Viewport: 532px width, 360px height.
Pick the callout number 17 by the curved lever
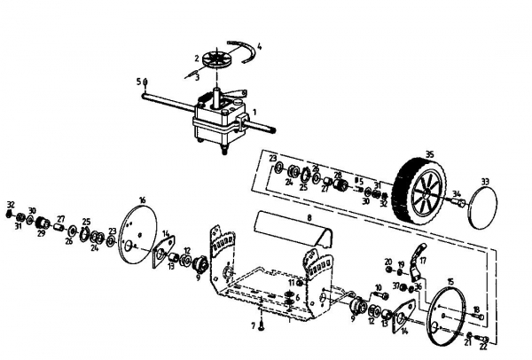point(424,262)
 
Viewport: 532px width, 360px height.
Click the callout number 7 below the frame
point(253,326)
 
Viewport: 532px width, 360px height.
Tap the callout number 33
point(485,181)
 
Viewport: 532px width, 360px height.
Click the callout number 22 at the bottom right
point(484,346)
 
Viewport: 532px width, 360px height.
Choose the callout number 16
point(142,200)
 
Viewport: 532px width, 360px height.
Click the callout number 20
point(388,261)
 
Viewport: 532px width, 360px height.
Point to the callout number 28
point(337,174)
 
